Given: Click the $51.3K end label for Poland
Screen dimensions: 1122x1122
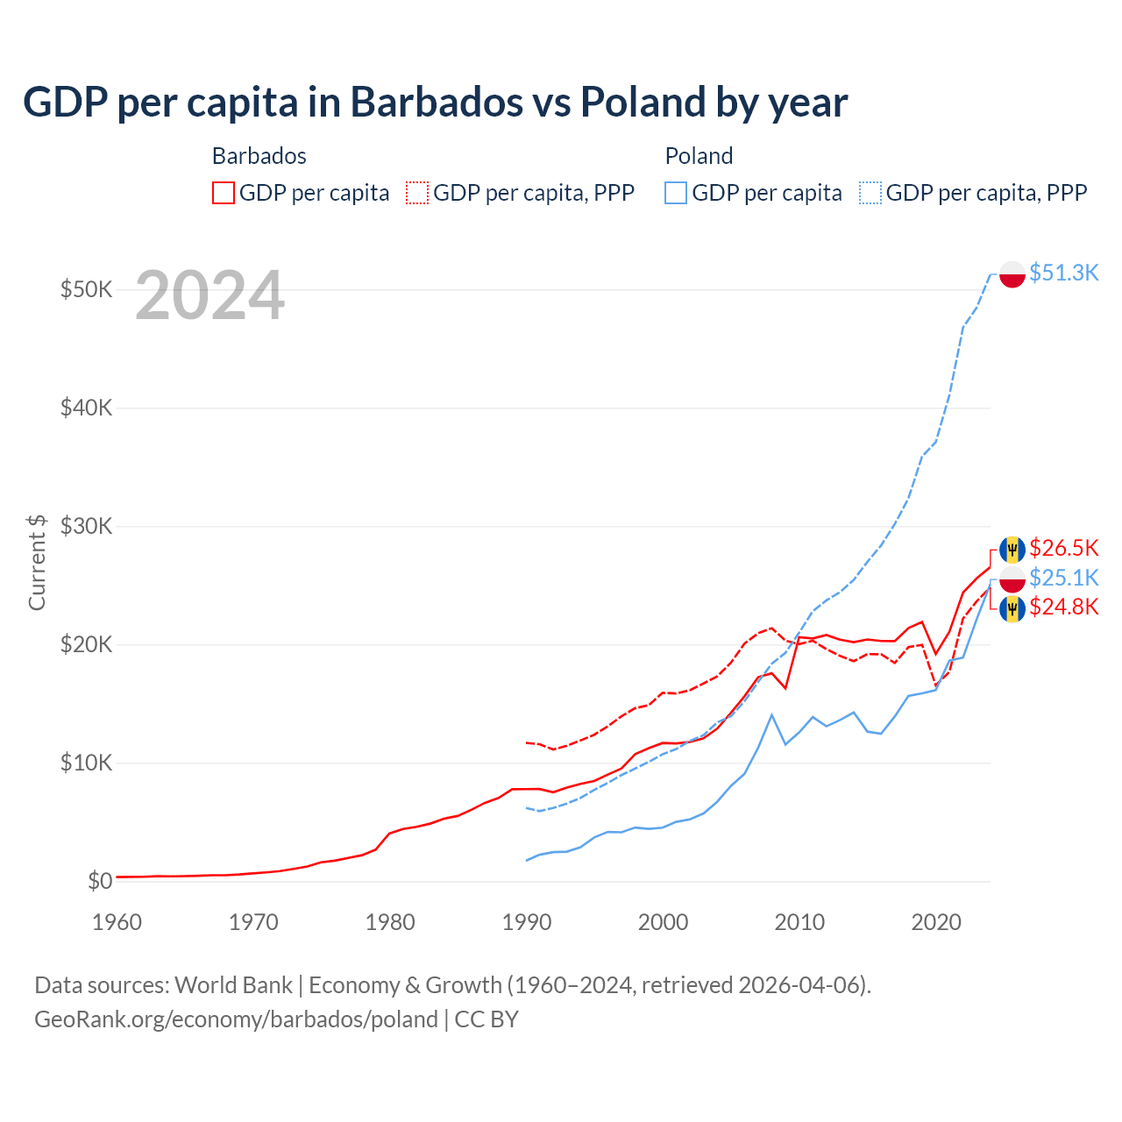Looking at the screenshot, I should pos(1063,273).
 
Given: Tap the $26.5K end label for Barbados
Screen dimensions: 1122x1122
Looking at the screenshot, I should pos(1063,548).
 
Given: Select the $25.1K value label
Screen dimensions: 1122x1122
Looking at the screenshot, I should pos(1063,578).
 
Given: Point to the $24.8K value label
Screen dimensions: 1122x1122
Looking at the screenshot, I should pos(1063,607).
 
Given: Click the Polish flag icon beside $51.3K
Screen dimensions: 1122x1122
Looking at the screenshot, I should pos(1012,273).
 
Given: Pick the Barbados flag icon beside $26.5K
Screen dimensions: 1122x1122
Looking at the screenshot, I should pos(1012,549).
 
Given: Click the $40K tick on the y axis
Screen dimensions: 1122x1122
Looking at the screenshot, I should pos(86,408).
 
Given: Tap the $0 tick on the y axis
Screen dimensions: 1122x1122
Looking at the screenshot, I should pos(100,881).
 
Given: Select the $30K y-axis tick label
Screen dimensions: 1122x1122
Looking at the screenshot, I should pos(86,526).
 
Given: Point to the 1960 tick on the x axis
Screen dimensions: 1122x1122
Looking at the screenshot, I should pos(117,922).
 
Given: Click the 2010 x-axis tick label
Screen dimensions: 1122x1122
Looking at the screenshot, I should pos(799,922).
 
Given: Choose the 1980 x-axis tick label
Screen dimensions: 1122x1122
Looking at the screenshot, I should pos(390,922).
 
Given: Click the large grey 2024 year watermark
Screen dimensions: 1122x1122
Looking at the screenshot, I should pos(209,296).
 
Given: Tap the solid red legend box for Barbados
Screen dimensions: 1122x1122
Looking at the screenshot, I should pos(224,193).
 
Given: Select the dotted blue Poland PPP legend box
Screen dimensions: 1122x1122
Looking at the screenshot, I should pos(870,193).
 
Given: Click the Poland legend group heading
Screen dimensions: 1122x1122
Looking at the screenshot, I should pos(699,156).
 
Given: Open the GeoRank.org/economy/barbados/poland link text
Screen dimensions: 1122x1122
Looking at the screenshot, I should pos(236,1019).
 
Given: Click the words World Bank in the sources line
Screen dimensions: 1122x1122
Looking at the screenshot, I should pos(233,985).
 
